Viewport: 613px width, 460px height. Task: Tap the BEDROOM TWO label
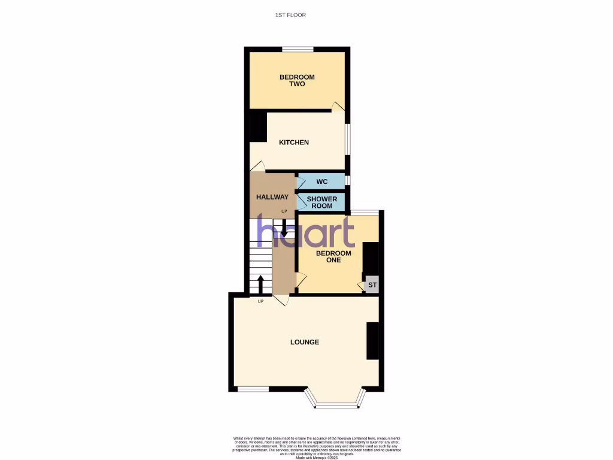(x=297, y=80)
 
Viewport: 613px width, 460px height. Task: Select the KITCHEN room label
(x=294, y=143)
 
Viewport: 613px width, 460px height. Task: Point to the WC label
(x=321, y=181)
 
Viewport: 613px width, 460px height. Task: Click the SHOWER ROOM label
(x=322, y=202)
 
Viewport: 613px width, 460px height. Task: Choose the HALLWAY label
(x=272, y=197)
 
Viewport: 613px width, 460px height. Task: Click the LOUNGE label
(x=305, y=342)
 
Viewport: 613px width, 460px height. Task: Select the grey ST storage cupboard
(x=372, y=285)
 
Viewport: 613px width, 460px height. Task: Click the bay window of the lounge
(x=335, y=405)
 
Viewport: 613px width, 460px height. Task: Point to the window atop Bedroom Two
(x=298, y=49)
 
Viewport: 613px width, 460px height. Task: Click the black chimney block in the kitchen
(x=258, y=126)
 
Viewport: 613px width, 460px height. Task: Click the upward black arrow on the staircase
(x=260, y=284)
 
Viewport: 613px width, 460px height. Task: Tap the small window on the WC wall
(x=348, y=180)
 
